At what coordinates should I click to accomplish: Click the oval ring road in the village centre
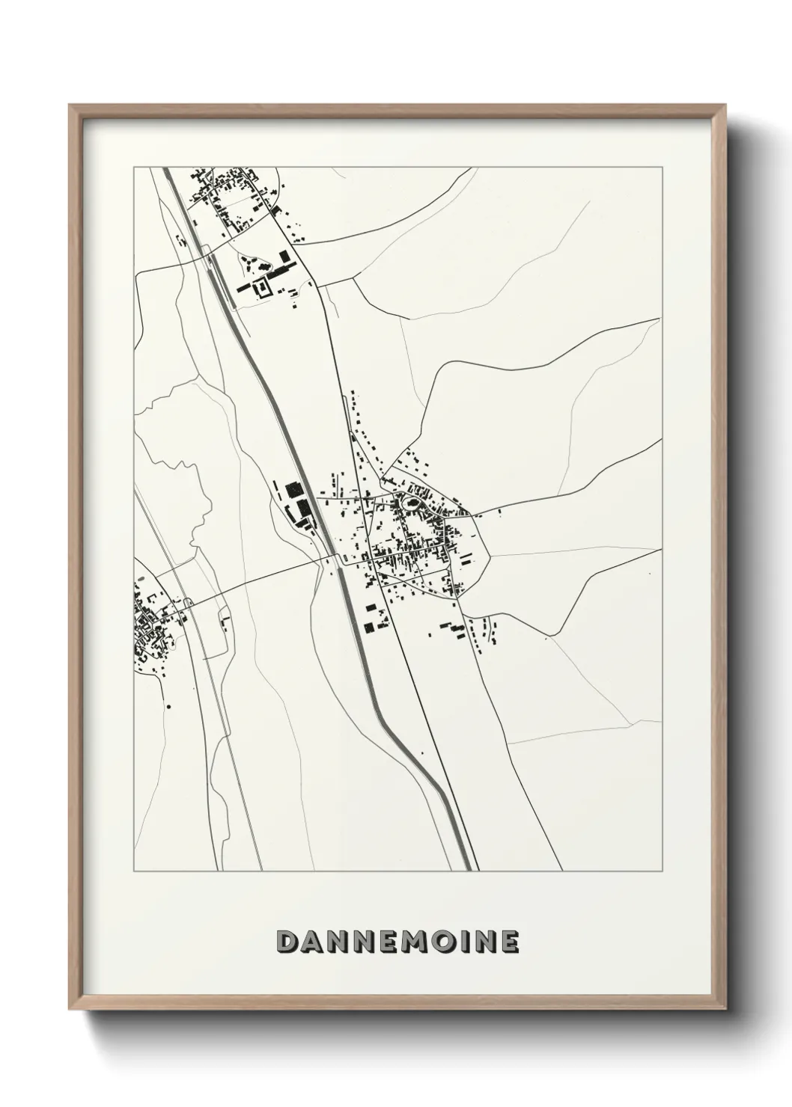[411, 503]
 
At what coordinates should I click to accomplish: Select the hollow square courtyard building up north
[263, 288]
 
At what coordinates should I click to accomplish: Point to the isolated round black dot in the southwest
[169, 705]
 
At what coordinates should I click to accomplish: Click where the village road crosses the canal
[338, 560]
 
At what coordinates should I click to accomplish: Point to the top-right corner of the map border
[662, 168]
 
